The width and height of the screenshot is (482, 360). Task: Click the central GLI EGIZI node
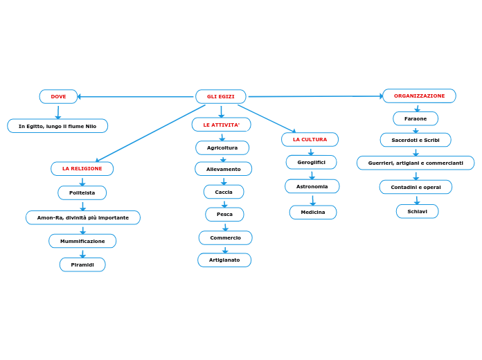[221, 96]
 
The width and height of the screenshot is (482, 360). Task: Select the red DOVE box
[58, 96]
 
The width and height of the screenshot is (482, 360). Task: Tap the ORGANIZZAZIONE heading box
[419, 96]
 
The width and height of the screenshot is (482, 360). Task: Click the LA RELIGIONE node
[82, 168]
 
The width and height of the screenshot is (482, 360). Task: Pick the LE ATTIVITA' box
[221, 125]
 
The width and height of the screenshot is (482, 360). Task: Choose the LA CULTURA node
[310, 139]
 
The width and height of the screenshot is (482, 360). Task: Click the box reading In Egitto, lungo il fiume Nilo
[57, 126]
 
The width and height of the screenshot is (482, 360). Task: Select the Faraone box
[416, 119]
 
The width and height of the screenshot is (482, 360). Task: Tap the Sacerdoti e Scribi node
[416, 140]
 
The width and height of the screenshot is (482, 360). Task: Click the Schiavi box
[417, 211]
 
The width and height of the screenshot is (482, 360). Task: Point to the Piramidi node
[82, 264]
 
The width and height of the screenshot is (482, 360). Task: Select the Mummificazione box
[82, 241]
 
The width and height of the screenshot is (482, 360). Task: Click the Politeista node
[82, 192]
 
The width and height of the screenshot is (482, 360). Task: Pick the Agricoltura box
[222, 147]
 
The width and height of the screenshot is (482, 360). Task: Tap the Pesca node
[224, 215]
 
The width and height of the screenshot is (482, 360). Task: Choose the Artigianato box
[224, 260]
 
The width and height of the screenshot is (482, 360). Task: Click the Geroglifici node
[311, 162]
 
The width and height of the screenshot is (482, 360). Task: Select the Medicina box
[313, 212]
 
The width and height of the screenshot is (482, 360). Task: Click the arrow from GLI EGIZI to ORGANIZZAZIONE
[315, 96]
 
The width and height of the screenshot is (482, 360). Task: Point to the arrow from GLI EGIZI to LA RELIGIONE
[150, 133]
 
